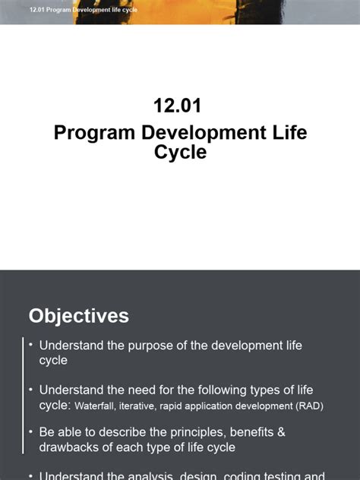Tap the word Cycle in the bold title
click(180, 152)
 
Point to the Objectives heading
click(79, 316)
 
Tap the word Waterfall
click(97, 406)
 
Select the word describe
click(121, 431)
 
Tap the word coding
click(242, 475)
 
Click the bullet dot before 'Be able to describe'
click(30, 431)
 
